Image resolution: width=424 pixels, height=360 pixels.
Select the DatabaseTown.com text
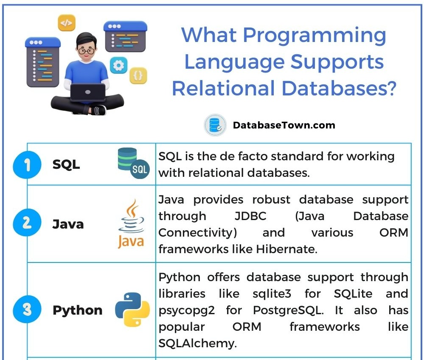pos(284,125)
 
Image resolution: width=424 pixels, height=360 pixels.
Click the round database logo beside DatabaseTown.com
pos(214,125)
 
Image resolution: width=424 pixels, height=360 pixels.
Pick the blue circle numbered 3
pos(27,310)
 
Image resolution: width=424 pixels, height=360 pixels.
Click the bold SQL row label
pos(66,165)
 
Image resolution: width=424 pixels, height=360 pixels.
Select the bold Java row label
pos(68,224)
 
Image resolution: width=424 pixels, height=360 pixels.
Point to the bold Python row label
pos(77,310)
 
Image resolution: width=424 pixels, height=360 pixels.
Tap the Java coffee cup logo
pos(131,223)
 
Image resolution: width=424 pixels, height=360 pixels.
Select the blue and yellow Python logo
pos(132,310)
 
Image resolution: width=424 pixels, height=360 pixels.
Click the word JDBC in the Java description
pos(250,216)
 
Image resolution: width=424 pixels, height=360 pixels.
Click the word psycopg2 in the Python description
pos(186,310)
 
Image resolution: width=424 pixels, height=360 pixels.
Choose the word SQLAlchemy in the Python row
pos(197,343)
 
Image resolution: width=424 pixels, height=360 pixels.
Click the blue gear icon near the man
pos(118,65)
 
